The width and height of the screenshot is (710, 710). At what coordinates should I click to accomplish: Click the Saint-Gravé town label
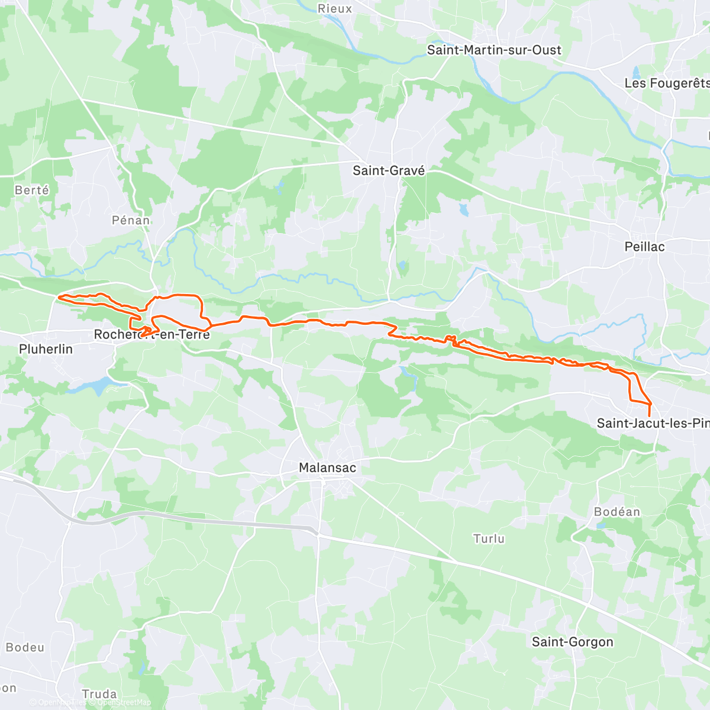click(389, 170)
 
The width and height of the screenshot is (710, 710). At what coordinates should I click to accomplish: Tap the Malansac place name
click(327, 467)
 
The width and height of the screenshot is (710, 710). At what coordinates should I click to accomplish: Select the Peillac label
click(644, 247)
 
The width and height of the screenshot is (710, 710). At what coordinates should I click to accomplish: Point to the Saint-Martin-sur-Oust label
click(494, 50)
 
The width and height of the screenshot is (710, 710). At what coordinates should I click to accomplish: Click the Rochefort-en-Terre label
click(152, 335)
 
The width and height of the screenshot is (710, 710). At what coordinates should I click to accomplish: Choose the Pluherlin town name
click(46, 349)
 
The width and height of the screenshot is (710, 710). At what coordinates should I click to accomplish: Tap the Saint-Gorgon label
click(572, 642)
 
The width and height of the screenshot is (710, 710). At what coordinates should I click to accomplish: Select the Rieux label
click(335, 9)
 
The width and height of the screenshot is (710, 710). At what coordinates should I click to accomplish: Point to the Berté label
click(32, 190)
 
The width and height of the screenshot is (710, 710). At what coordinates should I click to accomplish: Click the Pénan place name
click(131, 220)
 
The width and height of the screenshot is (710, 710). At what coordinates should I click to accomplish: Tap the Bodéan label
click(617, 512)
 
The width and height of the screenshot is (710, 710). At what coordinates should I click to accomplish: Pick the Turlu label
click(489, 538)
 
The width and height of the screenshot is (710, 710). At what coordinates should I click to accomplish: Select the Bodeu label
click(25, 647)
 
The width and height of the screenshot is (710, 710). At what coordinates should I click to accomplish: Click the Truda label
click(99, 694)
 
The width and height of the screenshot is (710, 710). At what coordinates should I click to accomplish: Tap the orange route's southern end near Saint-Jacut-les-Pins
click(650, 416)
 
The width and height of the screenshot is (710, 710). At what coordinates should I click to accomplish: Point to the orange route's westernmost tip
click(59, 298)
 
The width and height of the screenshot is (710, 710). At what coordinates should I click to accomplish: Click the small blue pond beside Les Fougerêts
click(637, 73)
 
